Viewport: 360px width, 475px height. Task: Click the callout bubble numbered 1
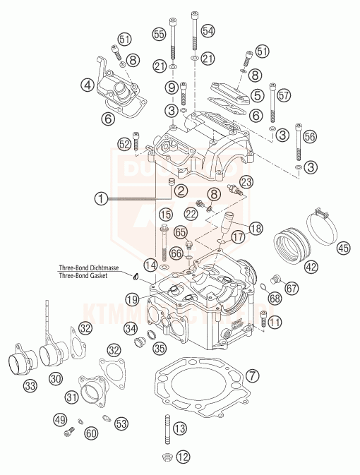pyautogui.click(x=103, y=200)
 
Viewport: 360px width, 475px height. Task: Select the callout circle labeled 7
pyautogui.click(x=253, y=374)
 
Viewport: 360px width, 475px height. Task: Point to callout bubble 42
pyautogui.click(x=311, y=267)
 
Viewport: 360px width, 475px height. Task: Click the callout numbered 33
pyautogui.click(x=29, y=386)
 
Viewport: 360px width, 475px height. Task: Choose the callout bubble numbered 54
pyautogui.click(x=208, y=31)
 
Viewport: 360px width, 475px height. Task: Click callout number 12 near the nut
pyautogui.click(x=183, y=457)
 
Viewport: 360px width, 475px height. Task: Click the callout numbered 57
pyautogui.click(x=284, y=95)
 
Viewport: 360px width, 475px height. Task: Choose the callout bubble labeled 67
pyautogui.click(x=292, y=288)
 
